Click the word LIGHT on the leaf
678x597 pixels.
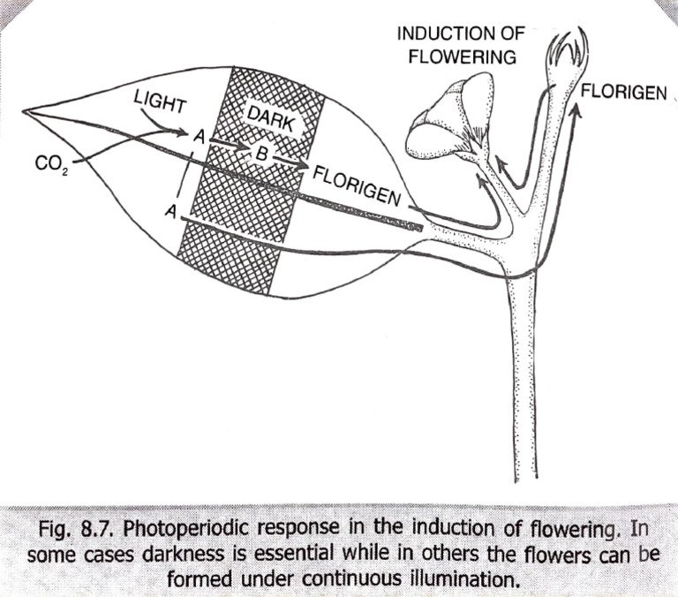tap(160, 101)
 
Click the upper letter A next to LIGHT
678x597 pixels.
tap(200, 137)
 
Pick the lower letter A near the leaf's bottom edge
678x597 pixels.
tap(169, 211)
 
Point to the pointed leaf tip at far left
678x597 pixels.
tap(26, 112)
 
